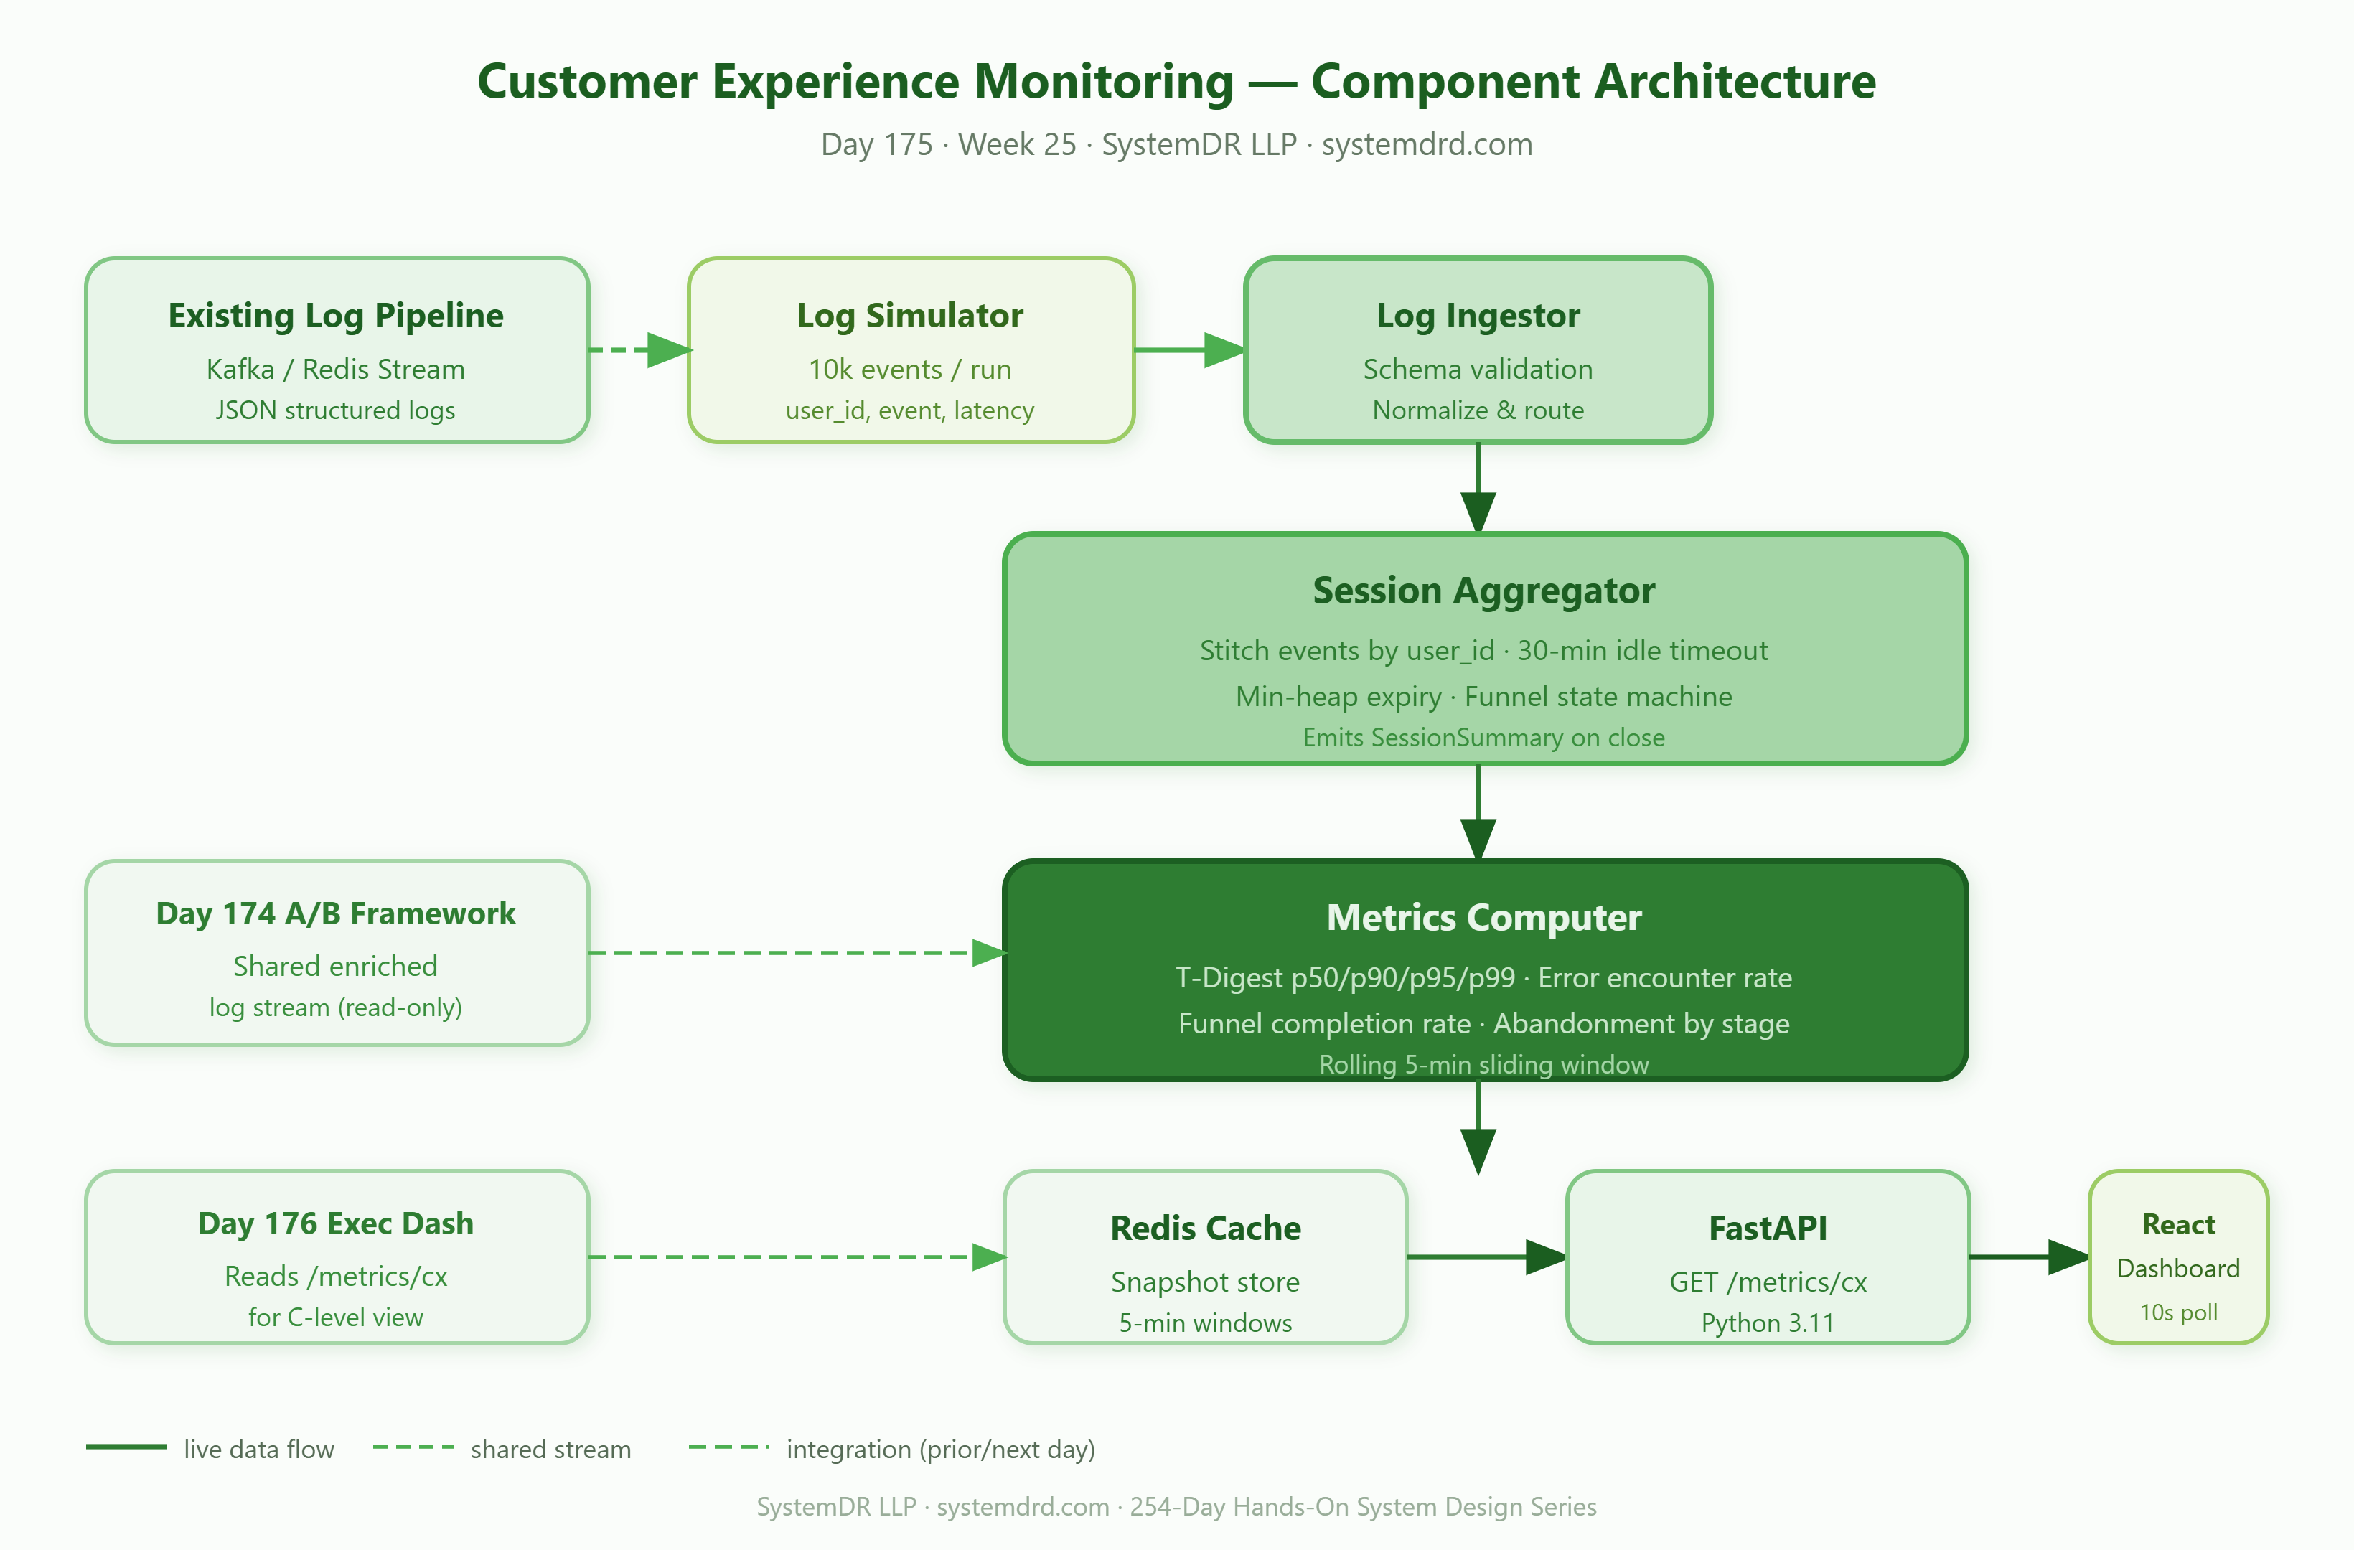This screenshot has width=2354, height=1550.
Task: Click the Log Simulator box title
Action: coord(910,316)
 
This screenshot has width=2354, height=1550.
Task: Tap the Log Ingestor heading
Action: coord(1478,316)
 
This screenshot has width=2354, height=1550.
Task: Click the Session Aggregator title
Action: coord(1483,591)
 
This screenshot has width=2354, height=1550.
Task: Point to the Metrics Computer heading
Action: coord(1483,918)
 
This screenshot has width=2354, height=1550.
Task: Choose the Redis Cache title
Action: coord(1206,1229)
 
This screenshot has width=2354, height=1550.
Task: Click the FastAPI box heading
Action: coord(1768,1229)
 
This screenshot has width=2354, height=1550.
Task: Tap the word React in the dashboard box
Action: coord(2178,1224)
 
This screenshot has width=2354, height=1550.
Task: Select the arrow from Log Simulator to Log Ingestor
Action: coord(1190,349)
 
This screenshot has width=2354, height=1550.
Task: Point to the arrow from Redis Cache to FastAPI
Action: coord(1486,1257)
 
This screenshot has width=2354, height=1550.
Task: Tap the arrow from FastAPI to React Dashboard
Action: coord(2030,1257)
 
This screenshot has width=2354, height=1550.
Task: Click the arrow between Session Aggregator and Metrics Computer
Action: coord(1478,812)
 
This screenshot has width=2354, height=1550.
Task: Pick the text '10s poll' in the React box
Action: coord(2178,1312)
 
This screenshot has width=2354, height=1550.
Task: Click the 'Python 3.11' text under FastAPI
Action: coord(1768,1323)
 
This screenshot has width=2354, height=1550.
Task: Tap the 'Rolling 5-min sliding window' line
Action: coord(1483,1064)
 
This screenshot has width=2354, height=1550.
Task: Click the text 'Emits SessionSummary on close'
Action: coord(1483,738)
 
